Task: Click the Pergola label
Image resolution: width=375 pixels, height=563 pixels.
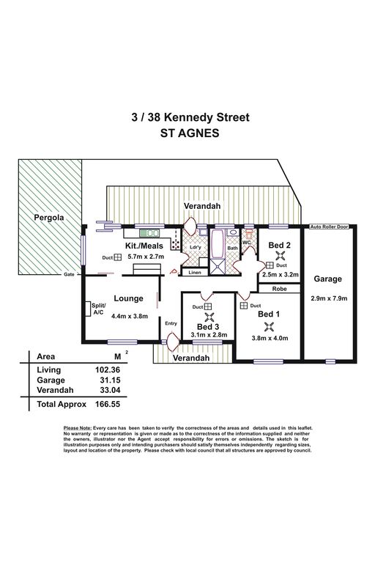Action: pyautogui.click(x=49, y=218)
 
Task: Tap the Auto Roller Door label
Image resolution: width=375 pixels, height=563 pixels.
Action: pyautogui.click(x=330, y=227)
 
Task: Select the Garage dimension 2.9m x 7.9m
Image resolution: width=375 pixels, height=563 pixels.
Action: pyautogui.click(x=329, y=298)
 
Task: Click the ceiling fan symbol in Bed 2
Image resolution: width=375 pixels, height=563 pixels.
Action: pyautogui.click(x=281, y=256)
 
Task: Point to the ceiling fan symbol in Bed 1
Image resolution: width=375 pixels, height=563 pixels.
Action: pyautogui.click(x=268, y=326)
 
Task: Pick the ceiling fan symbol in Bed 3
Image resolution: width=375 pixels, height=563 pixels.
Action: pyautogui.click(x=209, y=317)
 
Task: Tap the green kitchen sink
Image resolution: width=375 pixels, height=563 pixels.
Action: pyautogui.click(x=149, y=233)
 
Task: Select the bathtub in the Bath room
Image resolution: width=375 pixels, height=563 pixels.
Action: pyautogui.click(x=218, y=244)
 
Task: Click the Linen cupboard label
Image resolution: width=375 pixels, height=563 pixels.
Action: pyautogui.click(x=195, y=273)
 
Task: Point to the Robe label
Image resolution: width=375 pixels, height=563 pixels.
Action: pyautogui.click(x=280, y=289)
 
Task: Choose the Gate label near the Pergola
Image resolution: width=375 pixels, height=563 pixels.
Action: pyautogui.click(x=69, y=274)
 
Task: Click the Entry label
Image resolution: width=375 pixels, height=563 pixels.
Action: pyautogui.click(x=171, y=323)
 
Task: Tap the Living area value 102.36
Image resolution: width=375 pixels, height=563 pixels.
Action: pyautogui.click(x=108, y=369)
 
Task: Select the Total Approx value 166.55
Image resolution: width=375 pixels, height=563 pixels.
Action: pyautogui.click(x=108, y=405)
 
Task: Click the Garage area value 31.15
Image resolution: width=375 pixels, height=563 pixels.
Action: pyautogui.click(x=111, y=380)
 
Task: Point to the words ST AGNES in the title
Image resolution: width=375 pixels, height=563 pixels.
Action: pyautogui.click(x=190, y=133)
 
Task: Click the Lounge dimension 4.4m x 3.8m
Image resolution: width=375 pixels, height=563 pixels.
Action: pyautogui.click(x=130, y=317)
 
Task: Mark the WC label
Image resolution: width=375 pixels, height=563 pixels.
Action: pyautogui.click(x=247, y=243)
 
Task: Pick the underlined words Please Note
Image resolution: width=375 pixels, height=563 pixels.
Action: pyautogui.click(x=78, y=428)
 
